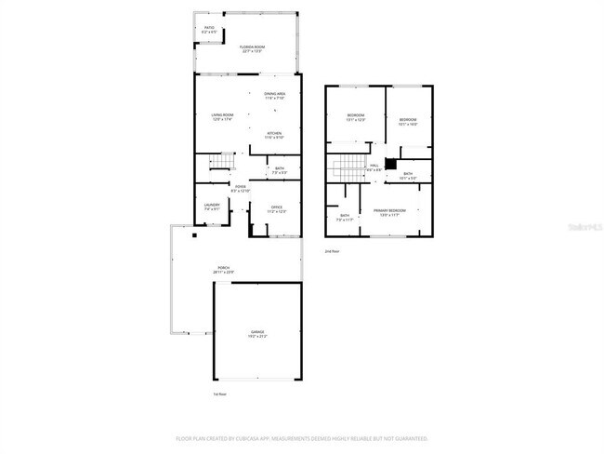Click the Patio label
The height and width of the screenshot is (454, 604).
coord(208,30)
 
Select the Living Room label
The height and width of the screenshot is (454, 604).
coord(221,116)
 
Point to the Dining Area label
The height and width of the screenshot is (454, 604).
coord(274,96)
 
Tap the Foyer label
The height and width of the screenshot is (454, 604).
coord(240,189)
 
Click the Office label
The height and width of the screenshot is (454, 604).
coord(277,209)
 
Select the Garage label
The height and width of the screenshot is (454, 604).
coord(257,332)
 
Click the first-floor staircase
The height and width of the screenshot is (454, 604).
coord(224,165)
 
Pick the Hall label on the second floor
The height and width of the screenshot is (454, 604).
coord(374,167)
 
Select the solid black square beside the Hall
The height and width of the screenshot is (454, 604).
coord(391,166)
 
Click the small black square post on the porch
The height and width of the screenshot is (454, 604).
coord(194,235)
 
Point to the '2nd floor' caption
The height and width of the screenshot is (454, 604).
coord(332,251)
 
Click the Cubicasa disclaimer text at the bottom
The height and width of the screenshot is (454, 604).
coord(301,437)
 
